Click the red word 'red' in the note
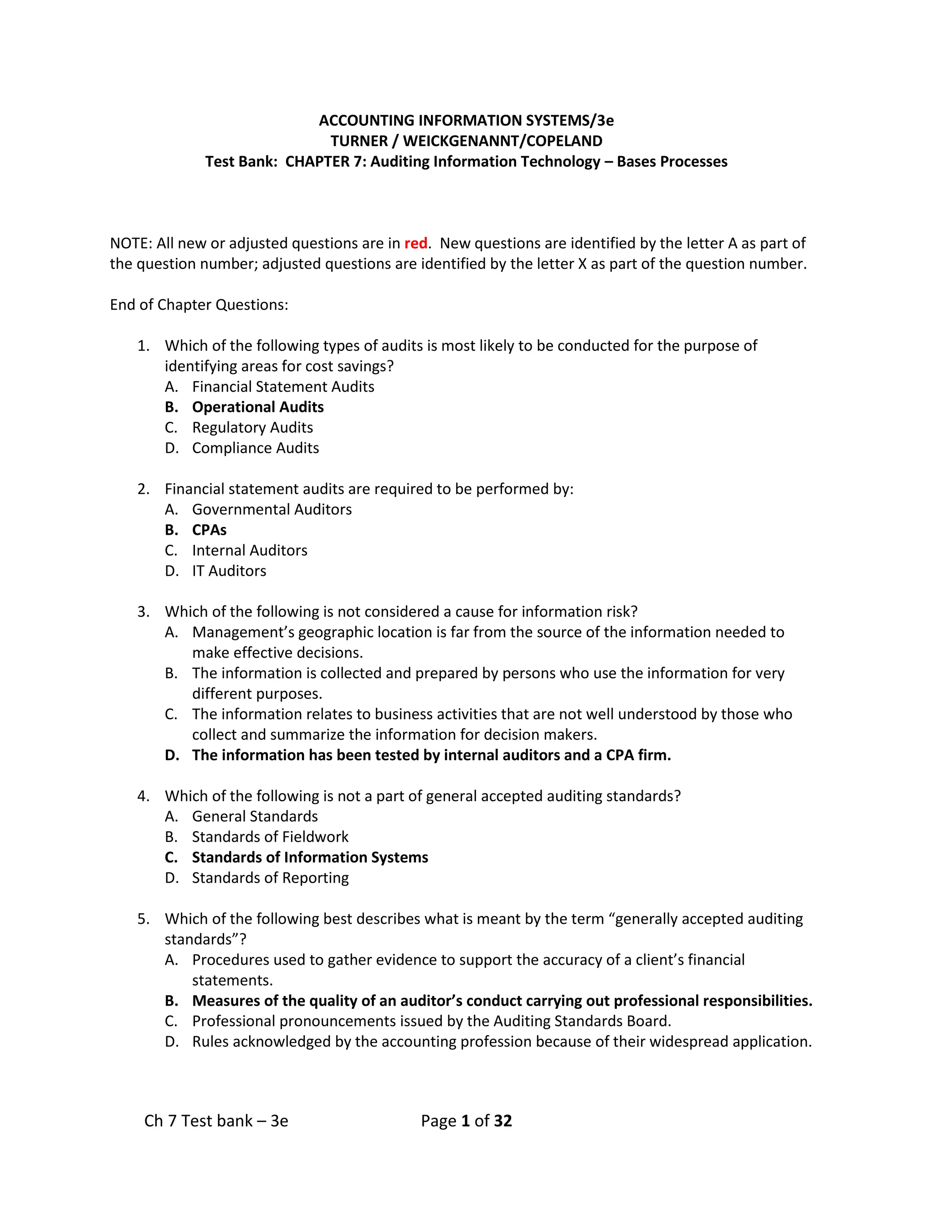point(415,244)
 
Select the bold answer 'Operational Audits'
point(257,407)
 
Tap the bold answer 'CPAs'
point(209,530)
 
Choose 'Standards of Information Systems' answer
point(309,857)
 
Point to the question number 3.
point(143,612)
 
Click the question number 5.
point(143,919)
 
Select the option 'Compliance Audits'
point(256,448)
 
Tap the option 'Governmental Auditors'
point(272,510)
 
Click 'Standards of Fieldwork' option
point(270,837)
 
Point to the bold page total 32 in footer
point(502,1121)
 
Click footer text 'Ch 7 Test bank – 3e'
point(216,1121)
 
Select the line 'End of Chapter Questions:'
point(199,305)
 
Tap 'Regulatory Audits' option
point(252,428)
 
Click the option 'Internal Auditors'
point(249,551)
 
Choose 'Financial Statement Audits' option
point(283,387)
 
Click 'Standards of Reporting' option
point(270,878)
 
